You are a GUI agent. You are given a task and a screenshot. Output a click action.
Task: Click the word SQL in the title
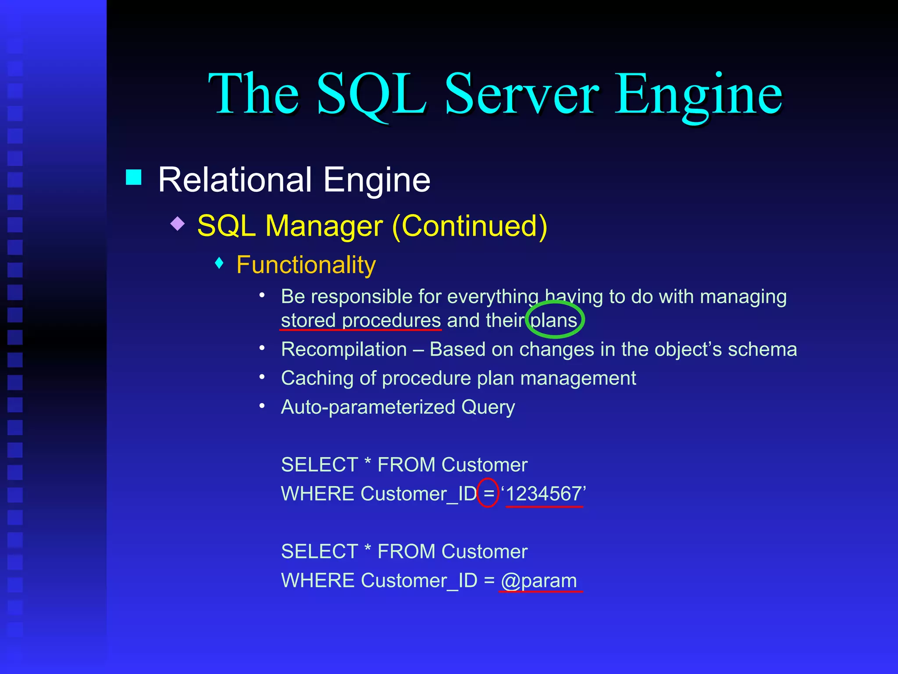[x=371, y=94]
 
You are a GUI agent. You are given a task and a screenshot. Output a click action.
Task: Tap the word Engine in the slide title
[x=698, y=94]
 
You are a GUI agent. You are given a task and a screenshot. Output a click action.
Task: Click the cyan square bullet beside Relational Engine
[x=134, y=177]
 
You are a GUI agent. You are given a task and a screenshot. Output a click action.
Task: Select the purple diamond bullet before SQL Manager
[x=178, y=223]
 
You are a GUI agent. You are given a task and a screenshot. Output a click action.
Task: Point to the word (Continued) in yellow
[x=470, y=226]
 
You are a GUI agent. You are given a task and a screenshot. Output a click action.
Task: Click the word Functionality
[x=306, y=265]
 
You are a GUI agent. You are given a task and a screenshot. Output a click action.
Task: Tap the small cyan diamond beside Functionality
[x=220, y=263]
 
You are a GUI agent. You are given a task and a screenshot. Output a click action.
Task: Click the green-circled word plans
[x=554, y=320]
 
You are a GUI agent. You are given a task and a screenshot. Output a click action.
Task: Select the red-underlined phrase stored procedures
[x=360, y=320]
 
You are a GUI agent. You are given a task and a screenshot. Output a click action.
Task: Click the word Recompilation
[x=344, y=350]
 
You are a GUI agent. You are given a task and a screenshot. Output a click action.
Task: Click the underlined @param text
[x=539, y=581]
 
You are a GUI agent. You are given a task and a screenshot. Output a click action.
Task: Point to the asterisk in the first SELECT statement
[x=368, y=462]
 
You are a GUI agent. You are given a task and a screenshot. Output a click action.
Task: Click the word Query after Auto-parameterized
[x=488, y=407]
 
